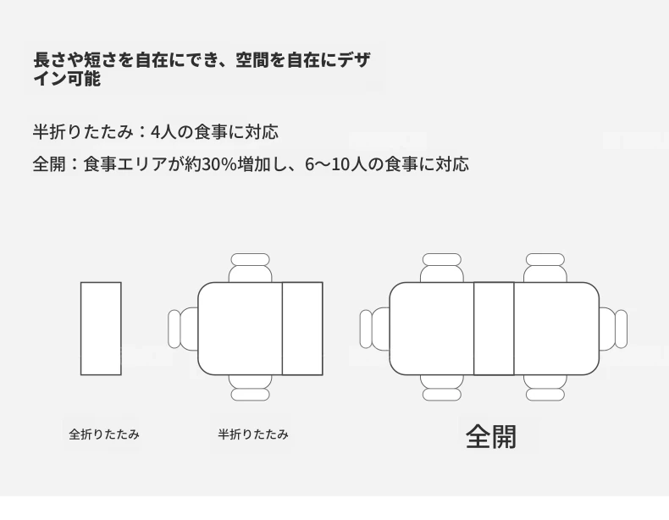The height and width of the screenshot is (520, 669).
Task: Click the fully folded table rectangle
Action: tap(101, 329)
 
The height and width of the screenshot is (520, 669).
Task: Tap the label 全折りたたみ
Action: tap(104, 434)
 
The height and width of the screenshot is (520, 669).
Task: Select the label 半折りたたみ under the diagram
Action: tap(253, 434)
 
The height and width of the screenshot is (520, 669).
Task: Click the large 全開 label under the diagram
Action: tap(491, 436)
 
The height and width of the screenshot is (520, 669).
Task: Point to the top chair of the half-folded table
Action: tap(250, 268)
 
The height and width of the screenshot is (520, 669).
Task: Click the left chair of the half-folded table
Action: tap(183, 329)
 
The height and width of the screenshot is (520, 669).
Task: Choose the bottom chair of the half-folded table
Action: tap(250, 388)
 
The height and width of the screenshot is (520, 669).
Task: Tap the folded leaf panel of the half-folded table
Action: tap(302, 329)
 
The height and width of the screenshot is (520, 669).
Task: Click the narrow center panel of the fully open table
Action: tap(494, 329)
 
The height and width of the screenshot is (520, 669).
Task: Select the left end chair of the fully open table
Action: tap(374, 329)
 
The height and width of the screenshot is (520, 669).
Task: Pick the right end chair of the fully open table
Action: tap(613, 329)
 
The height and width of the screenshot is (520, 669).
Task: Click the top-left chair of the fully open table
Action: tap(441, 268)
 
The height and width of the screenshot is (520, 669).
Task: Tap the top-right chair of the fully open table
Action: tap(545, 268)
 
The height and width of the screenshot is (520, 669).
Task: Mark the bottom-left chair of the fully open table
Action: tap(441, 388)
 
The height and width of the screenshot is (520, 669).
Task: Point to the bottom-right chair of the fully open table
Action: tap(545, 388)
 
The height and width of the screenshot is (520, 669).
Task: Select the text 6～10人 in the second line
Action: tap(336, 164)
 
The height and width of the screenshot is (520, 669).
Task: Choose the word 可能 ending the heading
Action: tap(84, 79)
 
